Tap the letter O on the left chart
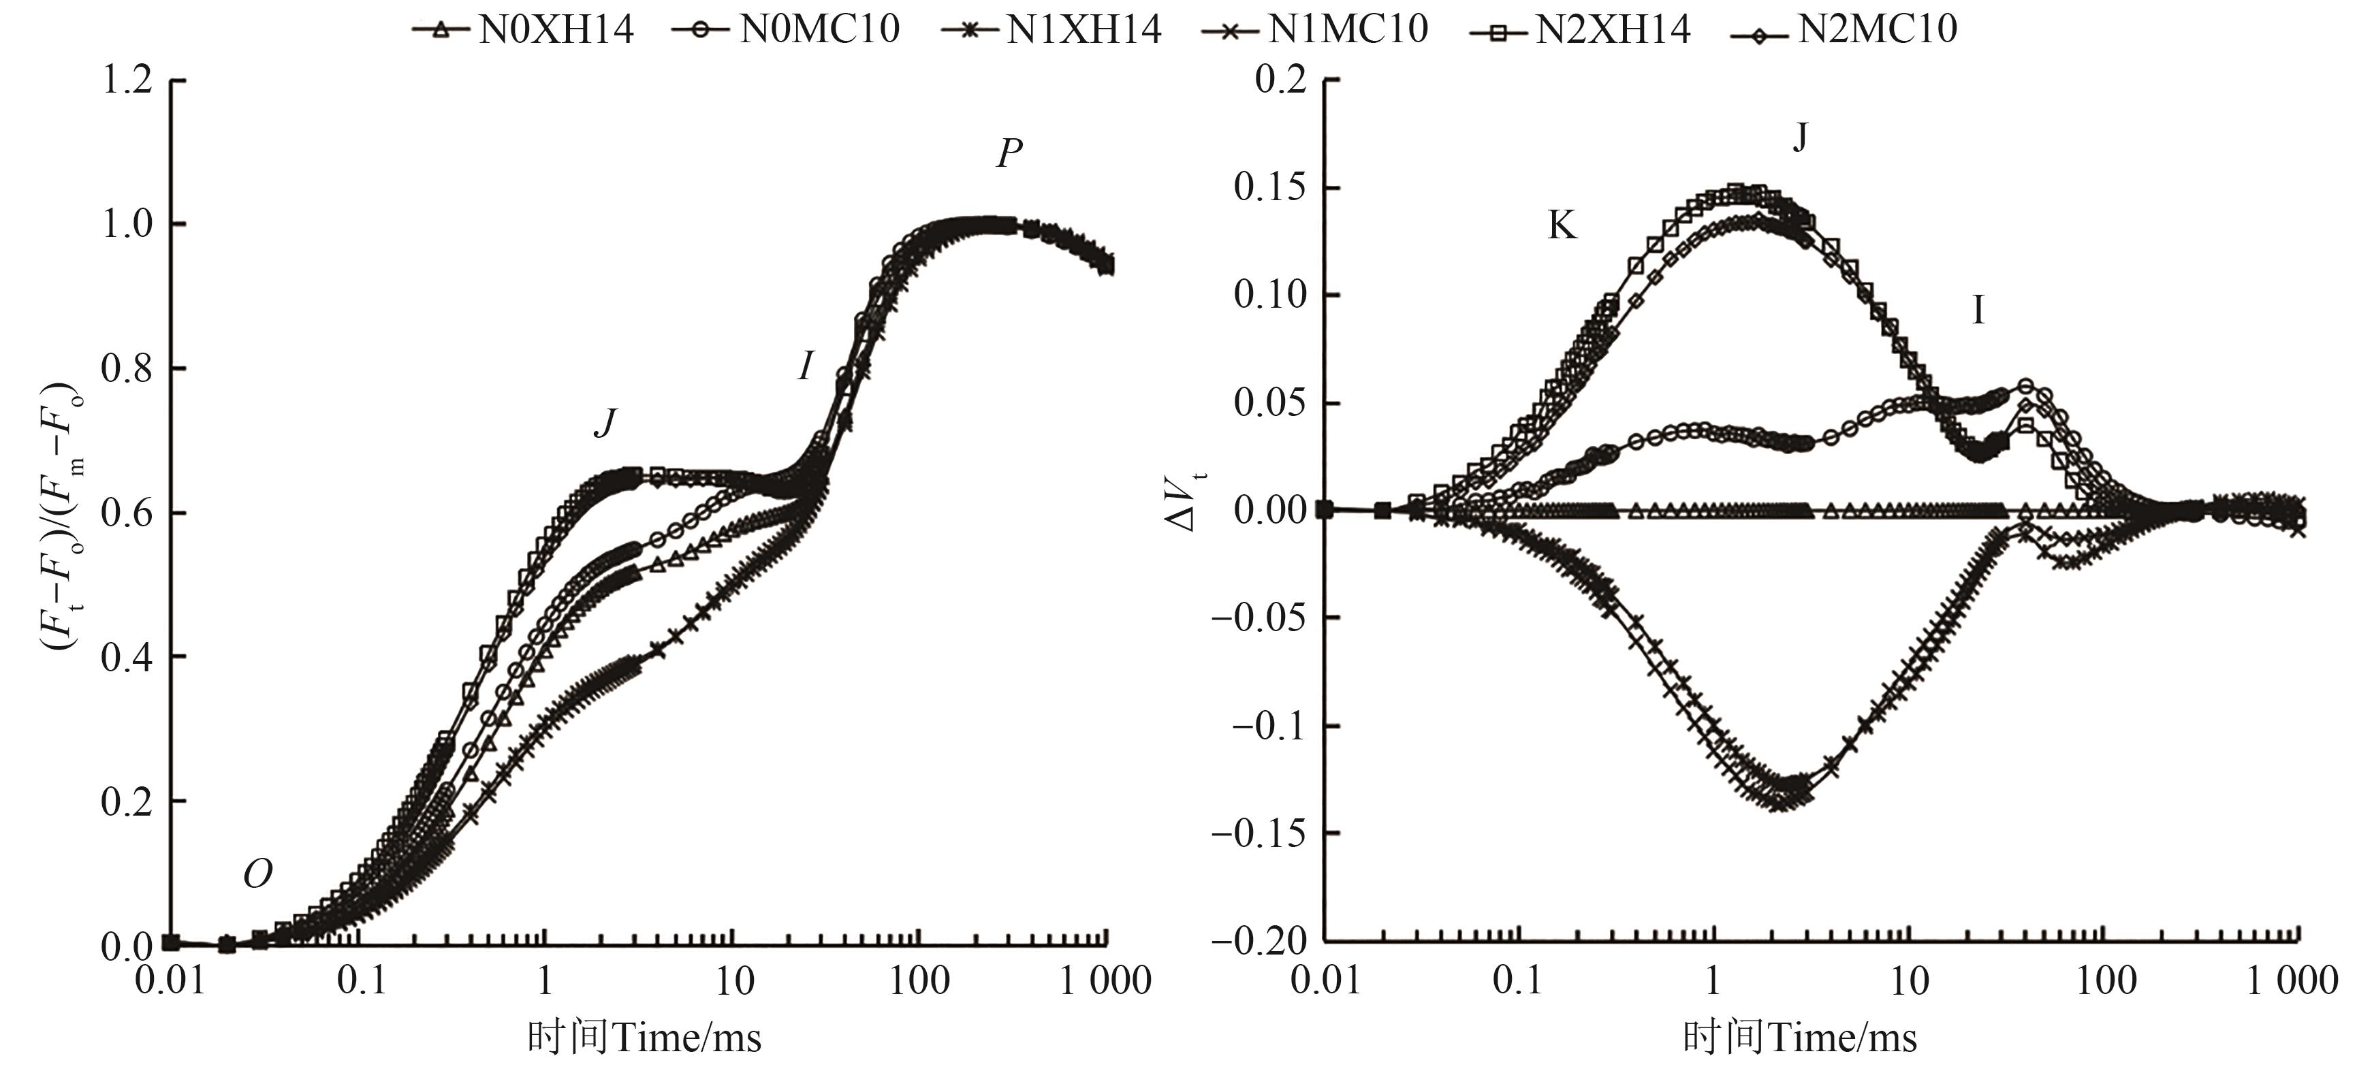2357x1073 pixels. pos(257,876)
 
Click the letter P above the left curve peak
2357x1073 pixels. pos(1009,154)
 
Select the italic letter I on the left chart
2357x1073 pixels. pos(804,367)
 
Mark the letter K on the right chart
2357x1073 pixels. pos(1562,225)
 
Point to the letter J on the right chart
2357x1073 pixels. pos(1800,138)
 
